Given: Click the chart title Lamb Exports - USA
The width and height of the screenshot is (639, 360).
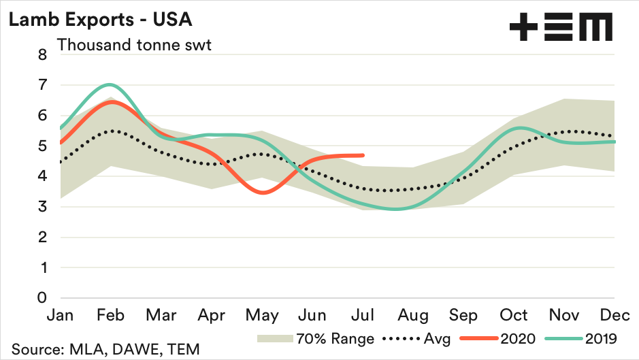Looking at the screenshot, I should click(100, 19).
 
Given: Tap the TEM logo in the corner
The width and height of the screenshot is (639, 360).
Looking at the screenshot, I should click(561, 27).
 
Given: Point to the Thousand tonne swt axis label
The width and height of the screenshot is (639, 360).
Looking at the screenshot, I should click(133, 46).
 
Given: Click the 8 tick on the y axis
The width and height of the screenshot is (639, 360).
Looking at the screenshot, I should click(42, 55).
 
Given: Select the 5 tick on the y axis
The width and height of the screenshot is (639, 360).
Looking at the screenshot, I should click(42, 146).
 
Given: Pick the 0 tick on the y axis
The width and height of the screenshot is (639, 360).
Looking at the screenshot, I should click(42, 298).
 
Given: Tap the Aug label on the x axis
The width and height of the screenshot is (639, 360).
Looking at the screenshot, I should click(414, 315).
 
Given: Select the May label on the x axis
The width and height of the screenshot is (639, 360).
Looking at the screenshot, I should click(263, 315).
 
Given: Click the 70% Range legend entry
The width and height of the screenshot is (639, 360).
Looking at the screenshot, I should click(316, 338).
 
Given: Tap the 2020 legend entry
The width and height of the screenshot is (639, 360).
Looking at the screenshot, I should click(499, 338).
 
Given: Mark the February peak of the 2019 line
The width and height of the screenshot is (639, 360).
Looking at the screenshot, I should click(110, 84).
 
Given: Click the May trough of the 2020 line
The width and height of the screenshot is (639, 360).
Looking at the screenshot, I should click(263, 193).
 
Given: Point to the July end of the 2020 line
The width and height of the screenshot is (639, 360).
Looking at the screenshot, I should click(363, 155).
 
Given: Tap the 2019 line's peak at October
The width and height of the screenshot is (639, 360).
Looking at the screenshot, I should click(519, 127).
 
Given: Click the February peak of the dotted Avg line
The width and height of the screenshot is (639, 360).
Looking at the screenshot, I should click(112, 131).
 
